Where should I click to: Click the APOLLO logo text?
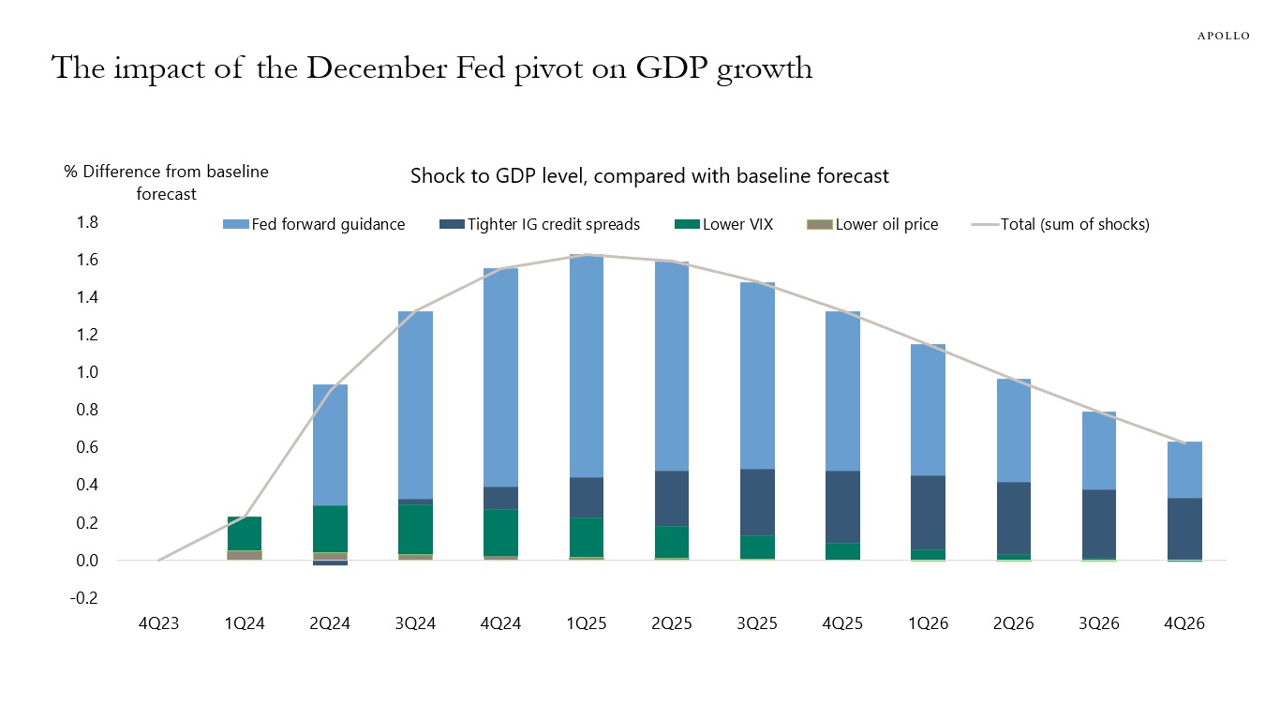(x=1224, y=36)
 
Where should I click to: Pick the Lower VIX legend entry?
(x=724, y=225)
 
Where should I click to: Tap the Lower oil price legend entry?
(x=872, y=225)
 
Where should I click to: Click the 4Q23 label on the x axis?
(x=159, y=624)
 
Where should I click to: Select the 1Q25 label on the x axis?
(x=586, y=624)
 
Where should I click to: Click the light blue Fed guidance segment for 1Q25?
(x=586, y=366)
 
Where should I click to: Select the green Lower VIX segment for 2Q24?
(x=330, y=529)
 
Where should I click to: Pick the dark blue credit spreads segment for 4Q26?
(x=1185, y=529)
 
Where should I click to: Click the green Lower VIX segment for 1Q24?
(x=245, y=533)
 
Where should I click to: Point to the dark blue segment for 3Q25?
(x=757, y=502)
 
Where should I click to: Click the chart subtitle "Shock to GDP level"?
(x=648, y=176)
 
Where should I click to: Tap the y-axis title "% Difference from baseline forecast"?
(x=166, y=183)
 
